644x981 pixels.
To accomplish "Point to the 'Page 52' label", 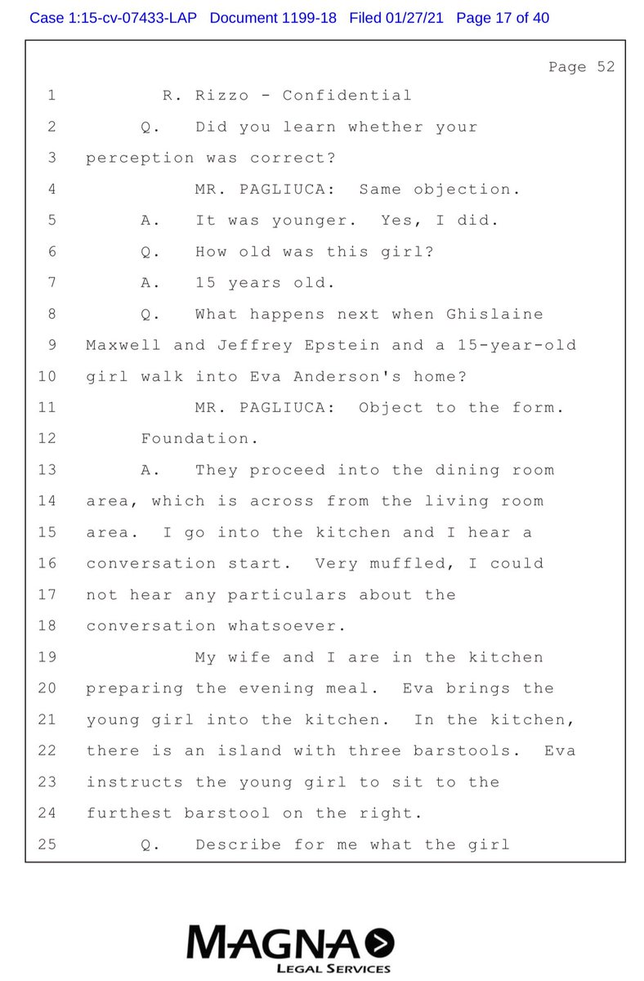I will (581, 67).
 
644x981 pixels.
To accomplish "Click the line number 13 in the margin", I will (47, 470).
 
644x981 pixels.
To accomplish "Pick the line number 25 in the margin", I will (47, 844).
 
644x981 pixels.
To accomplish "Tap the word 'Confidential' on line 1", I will (347, 96).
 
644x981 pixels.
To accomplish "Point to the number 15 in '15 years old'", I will (205, 283).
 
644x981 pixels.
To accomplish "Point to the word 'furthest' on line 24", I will (128, 813).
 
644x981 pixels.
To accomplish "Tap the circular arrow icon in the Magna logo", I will (381, 944).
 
